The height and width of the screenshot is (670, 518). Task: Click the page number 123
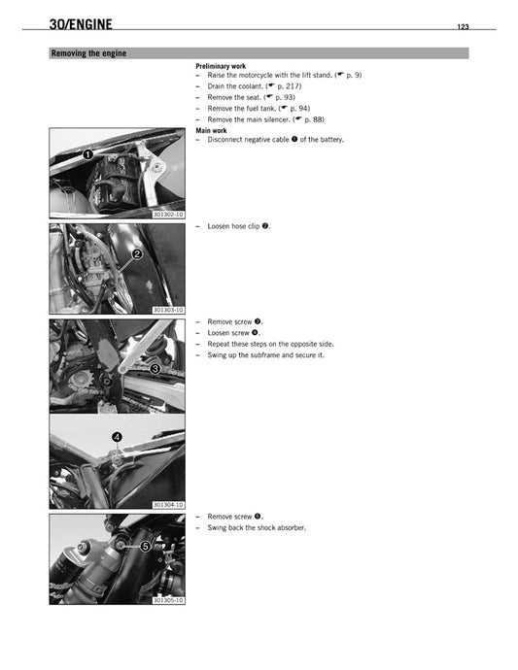pos(463,27)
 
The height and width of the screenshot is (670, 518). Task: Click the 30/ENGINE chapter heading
pos(86,24)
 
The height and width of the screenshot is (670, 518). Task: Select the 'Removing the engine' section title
pos(88,53)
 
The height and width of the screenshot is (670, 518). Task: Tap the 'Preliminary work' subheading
pos(221,66)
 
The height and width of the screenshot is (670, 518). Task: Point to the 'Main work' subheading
pos(211,130)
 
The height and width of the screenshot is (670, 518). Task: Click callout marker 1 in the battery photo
pos(87,154)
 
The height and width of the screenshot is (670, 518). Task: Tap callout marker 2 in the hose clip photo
pos(138,253)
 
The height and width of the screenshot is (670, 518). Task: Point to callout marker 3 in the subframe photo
pos(155,369)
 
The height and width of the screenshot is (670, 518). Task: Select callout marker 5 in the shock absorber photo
pos(145,547)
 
